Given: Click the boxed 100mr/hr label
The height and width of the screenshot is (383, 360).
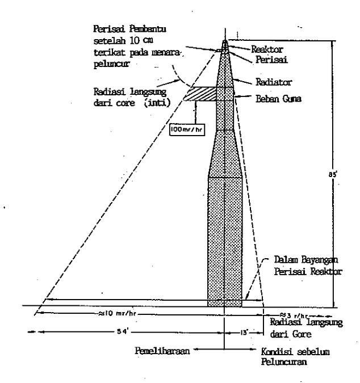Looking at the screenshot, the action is [187, 129].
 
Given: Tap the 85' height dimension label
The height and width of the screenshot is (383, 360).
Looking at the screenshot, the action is [333, 175].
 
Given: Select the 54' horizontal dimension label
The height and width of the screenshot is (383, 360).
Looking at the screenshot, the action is [123, 332].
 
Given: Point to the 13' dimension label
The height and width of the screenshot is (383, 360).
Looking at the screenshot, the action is [244, 333].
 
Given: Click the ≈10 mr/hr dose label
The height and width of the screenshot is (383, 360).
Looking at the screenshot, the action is [117, 313].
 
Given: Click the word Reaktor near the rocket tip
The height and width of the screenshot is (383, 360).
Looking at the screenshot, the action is [267, 49].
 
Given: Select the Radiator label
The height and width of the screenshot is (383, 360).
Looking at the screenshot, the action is [274, 82].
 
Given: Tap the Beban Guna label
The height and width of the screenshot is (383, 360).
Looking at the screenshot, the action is [278, 99].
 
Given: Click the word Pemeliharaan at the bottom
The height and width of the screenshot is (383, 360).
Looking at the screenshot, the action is [162, 351].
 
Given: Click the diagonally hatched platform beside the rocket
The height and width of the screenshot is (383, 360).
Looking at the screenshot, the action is [200, 94].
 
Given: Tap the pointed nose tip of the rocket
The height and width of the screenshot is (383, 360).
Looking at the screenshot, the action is [225, 40].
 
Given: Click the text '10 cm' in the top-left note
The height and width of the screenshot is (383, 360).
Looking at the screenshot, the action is [141, 40].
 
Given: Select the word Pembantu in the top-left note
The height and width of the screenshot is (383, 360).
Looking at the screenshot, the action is [148, 29].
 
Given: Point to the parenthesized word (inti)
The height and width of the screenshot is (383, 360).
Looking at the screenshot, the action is [157, 103].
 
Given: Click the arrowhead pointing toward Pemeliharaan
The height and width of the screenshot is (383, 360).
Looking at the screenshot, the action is [195, 350].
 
